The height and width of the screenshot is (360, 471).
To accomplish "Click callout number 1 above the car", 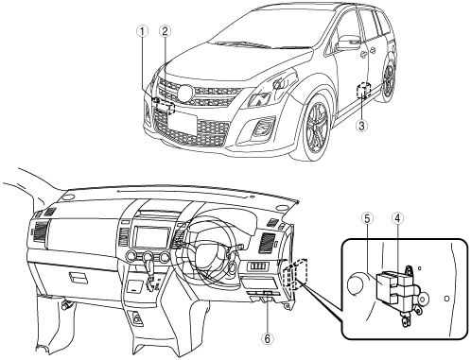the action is point(143,31).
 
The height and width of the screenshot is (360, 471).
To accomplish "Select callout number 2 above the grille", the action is point(165,31).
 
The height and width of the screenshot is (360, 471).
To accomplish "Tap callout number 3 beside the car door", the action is point(361,126).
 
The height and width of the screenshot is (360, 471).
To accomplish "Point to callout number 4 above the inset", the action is point(398,218).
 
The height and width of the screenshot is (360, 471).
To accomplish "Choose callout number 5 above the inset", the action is point(368,218).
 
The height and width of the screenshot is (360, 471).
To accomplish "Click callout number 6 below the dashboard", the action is point(268,339).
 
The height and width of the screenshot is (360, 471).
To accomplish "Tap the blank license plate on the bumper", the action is point(183,124).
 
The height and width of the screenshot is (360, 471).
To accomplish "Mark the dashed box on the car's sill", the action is point(363,90).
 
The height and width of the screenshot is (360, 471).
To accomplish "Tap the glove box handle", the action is point(78,278).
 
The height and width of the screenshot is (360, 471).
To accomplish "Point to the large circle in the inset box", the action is point(358,284).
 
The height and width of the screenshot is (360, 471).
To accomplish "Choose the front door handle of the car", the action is point(363,55).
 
